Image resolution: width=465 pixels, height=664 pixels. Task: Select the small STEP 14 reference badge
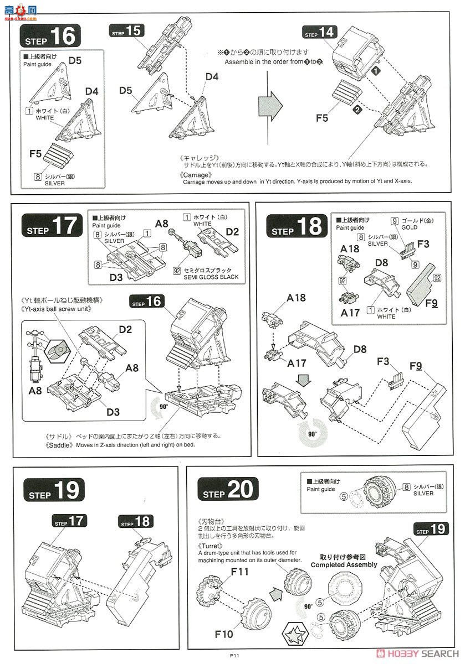pos(320,33)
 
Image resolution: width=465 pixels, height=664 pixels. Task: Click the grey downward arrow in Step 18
pos(303,382)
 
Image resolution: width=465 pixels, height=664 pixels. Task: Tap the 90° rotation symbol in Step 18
pos(313,432)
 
